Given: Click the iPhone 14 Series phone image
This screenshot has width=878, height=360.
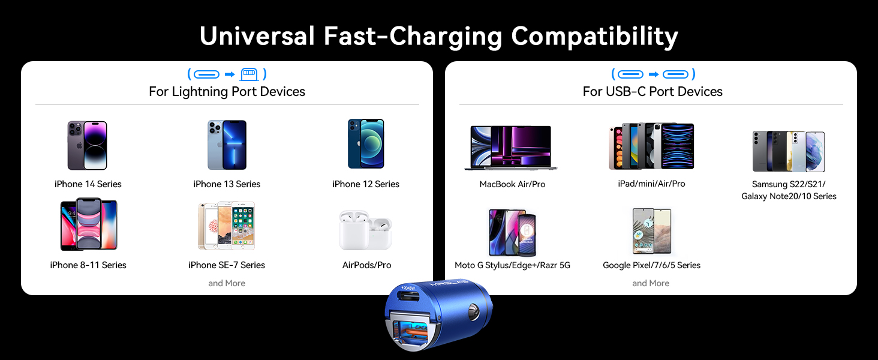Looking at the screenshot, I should pos(88,145).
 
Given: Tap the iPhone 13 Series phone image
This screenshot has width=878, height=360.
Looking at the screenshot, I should pos(227,145).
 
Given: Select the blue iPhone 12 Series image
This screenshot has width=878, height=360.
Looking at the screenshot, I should pos(366,144).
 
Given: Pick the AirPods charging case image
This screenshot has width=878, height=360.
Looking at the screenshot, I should pos(365,230).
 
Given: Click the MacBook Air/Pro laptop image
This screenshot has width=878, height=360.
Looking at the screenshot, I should pos(511,147).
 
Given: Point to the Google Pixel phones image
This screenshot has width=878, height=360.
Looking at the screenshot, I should pos(651,231).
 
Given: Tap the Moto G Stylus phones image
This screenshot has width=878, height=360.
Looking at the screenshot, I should pos(512,232).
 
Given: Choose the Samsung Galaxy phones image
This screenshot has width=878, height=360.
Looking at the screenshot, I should pos(789,151).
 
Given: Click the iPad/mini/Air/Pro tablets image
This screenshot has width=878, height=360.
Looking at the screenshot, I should pos(651,146).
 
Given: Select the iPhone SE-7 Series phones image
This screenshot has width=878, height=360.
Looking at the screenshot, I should pos(226,226).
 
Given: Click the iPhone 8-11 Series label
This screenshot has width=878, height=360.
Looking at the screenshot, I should pos(88,265).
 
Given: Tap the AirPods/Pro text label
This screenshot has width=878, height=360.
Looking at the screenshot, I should pos(366,265).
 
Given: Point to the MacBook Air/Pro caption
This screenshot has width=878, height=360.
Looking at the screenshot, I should pos(512,184).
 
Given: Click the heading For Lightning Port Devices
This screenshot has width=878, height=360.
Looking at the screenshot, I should pos(227,92).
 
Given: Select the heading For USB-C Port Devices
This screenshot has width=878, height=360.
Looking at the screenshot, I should pos(653,92).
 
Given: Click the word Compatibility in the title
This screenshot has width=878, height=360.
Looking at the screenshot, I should pos(594,37).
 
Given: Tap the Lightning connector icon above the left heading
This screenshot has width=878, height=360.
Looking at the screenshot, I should pos(249,74).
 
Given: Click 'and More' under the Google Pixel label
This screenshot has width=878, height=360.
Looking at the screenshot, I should pos(651,283).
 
